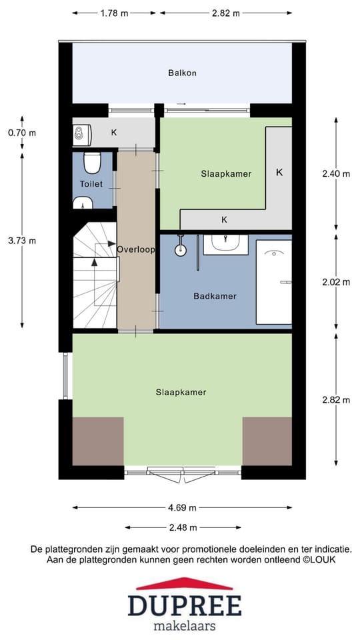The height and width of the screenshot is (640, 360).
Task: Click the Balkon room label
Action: (183, 73)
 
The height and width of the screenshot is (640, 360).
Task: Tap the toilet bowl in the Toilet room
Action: (92, 163)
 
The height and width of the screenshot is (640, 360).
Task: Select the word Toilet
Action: (91, 184)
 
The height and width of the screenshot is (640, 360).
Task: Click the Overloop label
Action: (136, 249)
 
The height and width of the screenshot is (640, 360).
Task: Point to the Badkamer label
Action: (215, 296)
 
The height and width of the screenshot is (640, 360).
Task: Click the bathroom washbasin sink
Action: (226, 245)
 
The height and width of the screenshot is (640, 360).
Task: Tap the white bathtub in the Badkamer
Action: (274, 282)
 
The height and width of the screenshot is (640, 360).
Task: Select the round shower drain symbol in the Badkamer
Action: (181, 250)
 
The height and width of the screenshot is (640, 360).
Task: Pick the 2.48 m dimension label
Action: (183, 527)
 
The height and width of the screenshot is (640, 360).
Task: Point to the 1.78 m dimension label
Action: (114, 13)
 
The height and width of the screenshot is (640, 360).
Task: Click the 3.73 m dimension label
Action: (22, 241)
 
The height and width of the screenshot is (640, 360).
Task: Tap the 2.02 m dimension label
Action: (336, 282)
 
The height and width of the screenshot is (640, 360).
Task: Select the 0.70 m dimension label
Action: (22, 133)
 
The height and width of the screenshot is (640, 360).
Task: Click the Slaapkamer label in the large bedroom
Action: (181, 392)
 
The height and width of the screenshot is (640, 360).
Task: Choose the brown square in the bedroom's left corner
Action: (98, 441)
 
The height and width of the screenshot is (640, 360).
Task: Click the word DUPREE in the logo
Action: (185, 605)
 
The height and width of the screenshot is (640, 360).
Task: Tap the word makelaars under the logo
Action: (185, 625)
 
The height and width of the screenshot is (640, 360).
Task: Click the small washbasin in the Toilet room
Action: (84, 203)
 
